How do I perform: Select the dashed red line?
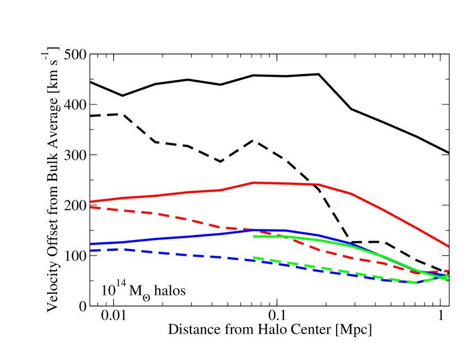[x=168, y=215]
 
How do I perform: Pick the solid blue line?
[x=168, y=238]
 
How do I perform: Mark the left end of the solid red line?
[x=91, y=201]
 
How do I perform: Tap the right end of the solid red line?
[x=448, y=246]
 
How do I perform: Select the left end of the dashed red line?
[x=91, y=207]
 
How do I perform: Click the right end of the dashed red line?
[x=448, y=271]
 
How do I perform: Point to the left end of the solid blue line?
[x=91, y=244]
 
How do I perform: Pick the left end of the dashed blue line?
[x=91, y=250]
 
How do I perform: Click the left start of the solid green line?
[x=254, y=236]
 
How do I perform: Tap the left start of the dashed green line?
[x=254, y=257]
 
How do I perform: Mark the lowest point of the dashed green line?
[x=417, y=283]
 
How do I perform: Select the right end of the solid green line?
[x=448, y=279]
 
